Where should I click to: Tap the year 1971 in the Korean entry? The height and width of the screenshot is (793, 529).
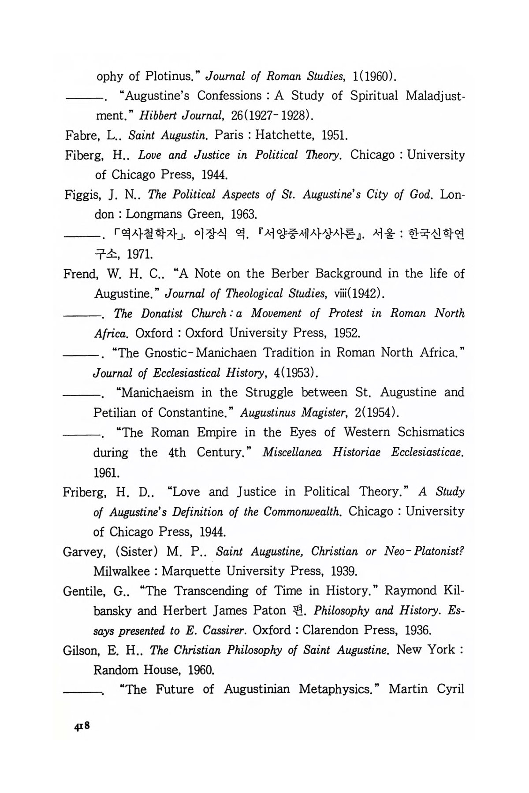pyautogui.click(x=140, y=255)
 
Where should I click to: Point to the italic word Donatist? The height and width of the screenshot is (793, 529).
pyautogui.click(x=162, y=314)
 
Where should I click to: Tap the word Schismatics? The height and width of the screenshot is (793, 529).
pyautogui.click(x=431, y=432)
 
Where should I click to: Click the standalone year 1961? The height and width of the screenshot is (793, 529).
pyautogui.click(x=105, y=473)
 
